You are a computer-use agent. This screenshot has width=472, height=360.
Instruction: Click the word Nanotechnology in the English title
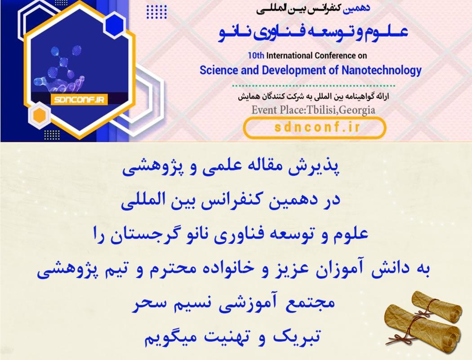[x=381, y=71]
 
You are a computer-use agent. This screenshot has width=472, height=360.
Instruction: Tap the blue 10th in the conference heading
[x=256, y=55]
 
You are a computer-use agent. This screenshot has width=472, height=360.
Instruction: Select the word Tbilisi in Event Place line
[x=321, y=110]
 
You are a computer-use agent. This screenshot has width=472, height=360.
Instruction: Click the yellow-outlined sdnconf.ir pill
[x=314, y=127]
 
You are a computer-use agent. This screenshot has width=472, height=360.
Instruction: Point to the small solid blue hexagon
[x=114, y=24]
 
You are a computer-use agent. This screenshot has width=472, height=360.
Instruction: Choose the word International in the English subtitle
[x=289, y=55]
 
